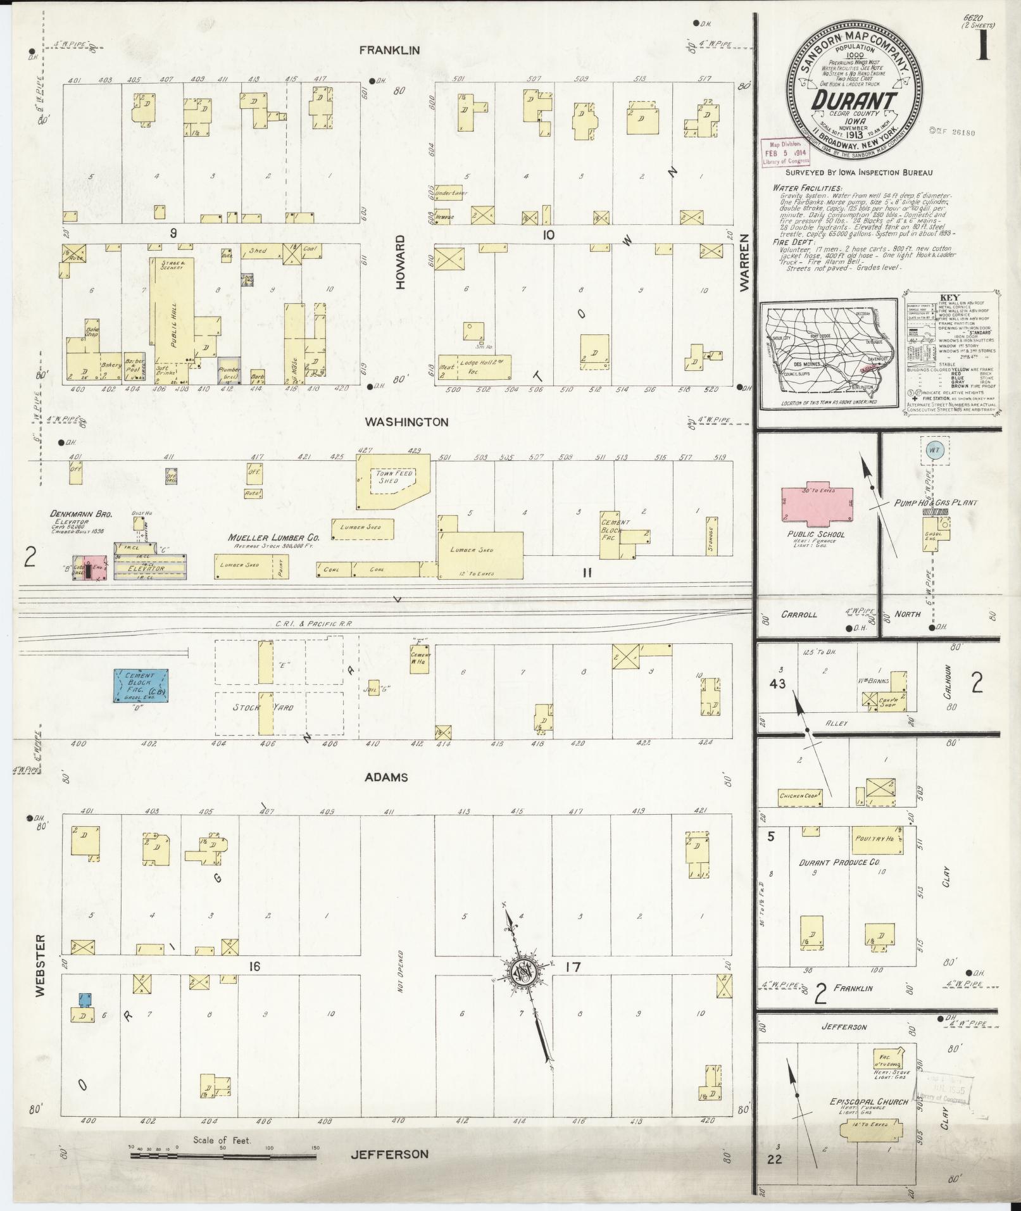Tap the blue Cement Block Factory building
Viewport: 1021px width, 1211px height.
point(141,686)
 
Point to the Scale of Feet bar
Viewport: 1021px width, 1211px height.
point(223,1156)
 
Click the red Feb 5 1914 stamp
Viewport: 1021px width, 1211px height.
point(785,153)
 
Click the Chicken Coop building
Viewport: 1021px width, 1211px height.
point(800,796)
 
